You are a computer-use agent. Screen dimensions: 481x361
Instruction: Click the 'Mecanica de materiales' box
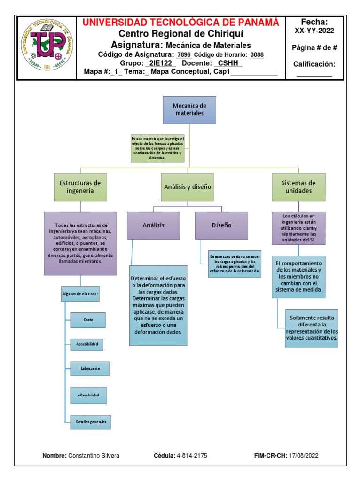click(x=189, y=110)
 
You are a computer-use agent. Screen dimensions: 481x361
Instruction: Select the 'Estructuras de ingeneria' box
click(x=80, y=186)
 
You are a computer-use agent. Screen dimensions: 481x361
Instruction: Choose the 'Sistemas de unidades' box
click(x=298, y=186)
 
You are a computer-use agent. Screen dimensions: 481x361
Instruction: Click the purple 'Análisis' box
click(x=153, y=225)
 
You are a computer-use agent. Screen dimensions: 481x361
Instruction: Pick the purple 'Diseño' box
click(x=221, y=225)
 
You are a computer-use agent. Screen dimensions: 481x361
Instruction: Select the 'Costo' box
click(x=88, y=320)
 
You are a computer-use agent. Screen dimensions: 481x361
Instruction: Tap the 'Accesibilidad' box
click(x=87, y=344)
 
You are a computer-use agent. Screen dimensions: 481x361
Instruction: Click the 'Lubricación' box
click(x=89, y=369)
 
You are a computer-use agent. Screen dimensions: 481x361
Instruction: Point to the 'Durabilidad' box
click(x=88, y=395)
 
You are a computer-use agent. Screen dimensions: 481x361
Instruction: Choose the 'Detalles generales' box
click(x=91, y=422)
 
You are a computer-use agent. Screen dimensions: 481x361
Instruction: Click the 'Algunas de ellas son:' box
click(x=80, y=294)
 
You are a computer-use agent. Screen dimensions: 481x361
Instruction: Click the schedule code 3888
click(x=257, y=54)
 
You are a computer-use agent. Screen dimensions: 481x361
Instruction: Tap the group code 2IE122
click(x=161, y=63)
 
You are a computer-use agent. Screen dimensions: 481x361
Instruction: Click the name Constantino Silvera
click(x=94, y=456)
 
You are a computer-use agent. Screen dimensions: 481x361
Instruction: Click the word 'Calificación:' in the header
click(x=314, y=64)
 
